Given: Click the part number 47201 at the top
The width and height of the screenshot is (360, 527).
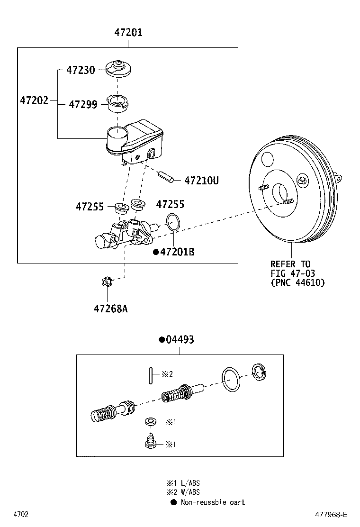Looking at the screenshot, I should pos(128,33).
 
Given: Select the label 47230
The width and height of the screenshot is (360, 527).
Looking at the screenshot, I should pos(81,70).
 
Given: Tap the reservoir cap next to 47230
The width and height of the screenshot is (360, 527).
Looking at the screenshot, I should pos(118,69).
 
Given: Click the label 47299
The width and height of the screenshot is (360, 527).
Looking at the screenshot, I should pos(83,104).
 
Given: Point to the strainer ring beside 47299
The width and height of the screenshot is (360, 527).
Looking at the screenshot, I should pos(117,104).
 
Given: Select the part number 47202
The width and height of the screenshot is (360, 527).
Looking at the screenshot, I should pos(34,100).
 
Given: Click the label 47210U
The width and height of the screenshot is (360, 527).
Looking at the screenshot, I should pos(201,181).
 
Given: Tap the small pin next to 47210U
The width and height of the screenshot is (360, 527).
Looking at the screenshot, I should pos(166,177).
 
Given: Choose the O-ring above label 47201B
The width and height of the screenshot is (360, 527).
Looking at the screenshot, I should pos(174,223).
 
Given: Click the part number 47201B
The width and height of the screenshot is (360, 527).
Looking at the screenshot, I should pos(177,252).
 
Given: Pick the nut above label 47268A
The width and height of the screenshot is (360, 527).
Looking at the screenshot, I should pos(107,282).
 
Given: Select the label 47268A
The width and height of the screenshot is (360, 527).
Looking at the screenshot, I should pos(110,309).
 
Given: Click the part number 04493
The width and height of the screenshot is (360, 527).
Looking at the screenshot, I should pos(180,339).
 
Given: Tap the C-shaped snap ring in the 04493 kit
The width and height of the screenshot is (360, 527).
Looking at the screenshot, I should pos(259,372).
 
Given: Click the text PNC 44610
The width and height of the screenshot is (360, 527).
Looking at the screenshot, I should pos(297,282).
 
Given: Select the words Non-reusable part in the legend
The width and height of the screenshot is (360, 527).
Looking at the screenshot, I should pos(213,502).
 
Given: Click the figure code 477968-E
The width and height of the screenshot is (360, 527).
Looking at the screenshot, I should pos(331,515).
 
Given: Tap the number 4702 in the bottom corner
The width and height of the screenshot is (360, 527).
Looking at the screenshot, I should pos(21,515).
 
